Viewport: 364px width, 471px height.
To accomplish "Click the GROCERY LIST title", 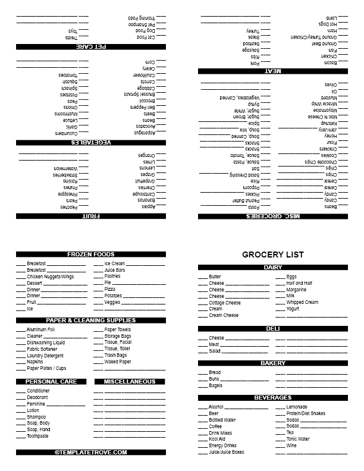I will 273,255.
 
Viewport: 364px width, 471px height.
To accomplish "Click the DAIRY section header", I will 273,268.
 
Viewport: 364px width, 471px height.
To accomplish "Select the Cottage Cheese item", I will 225,303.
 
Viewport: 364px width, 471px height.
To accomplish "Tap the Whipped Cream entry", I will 302,302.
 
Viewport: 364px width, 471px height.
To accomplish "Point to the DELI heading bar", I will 273,328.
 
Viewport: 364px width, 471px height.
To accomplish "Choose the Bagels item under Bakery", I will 216,385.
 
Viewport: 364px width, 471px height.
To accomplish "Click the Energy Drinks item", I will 223,445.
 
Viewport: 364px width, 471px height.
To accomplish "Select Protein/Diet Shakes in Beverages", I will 306,413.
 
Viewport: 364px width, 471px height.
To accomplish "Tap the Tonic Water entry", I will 298,439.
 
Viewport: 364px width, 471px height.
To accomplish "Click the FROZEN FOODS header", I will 91,254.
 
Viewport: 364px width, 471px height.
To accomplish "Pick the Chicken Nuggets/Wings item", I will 51,277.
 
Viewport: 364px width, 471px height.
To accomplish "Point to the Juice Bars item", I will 115,270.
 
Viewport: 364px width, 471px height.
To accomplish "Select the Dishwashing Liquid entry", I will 46,343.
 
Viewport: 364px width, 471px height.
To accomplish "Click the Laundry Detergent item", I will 45,356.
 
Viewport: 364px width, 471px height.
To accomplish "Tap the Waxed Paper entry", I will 118,362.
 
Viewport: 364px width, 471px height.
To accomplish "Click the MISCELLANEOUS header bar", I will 130,381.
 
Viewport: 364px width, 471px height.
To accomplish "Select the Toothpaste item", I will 37,436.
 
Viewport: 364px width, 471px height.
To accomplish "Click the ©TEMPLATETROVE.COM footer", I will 91,452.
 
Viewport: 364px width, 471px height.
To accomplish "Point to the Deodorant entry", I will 37,397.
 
